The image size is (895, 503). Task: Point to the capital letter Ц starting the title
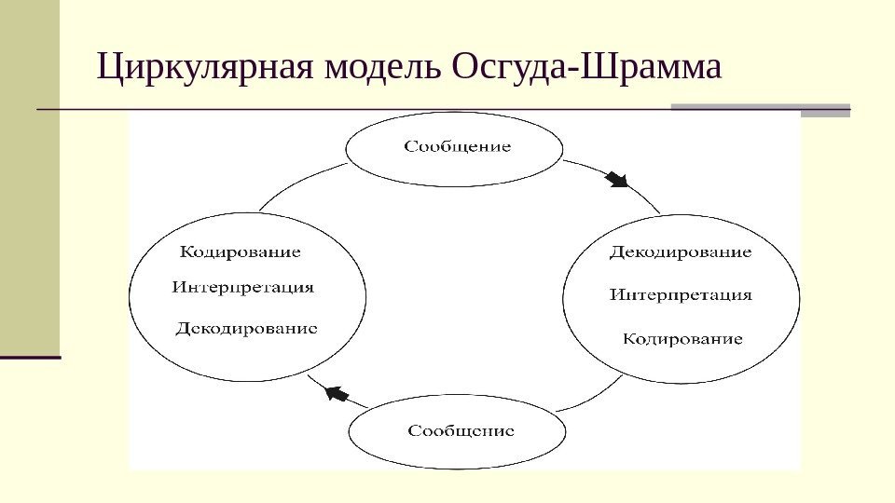[x=110, y=67]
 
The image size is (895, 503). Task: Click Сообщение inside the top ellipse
[x=457, y=147]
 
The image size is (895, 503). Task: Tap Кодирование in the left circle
[x=240, y=251]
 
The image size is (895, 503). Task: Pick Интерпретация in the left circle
[x=242, y=288]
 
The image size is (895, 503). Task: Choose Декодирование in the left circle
[x=247, y=328]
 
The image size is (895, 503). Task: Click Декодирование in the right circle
[x=681, y=252]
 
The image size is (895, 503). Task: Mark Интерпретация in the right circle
[x=681, y=295]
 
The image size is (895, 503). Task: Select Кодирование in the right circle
[x=682, y=339]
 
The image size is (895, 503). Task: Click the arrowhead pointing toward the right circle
[x=616, y=178]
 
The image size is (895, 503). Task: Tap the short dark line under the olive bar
[x=30, y=357]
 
